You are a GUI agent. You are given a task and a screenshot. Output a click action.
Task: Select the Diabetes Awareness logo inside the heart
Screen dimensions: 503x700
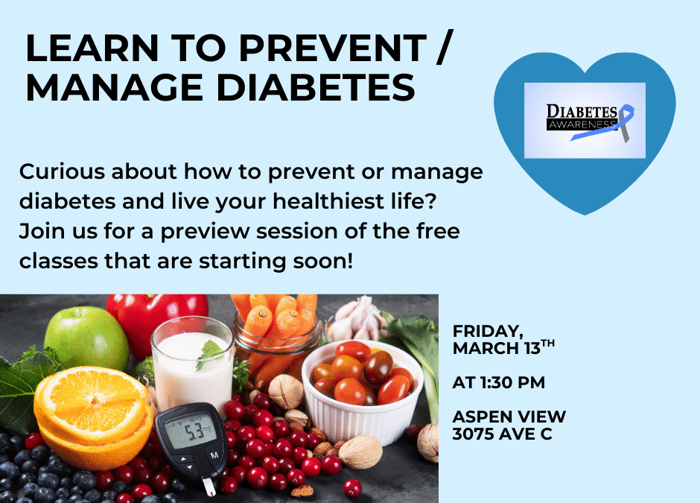pos(585,120)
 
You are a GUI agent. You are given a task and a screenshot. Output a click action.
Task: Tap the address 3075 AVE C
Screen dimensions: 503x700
pos(502,434)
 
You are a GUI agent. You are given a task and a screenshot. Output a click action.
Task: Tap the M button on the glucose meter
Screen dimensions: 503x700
pos(214,455)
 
